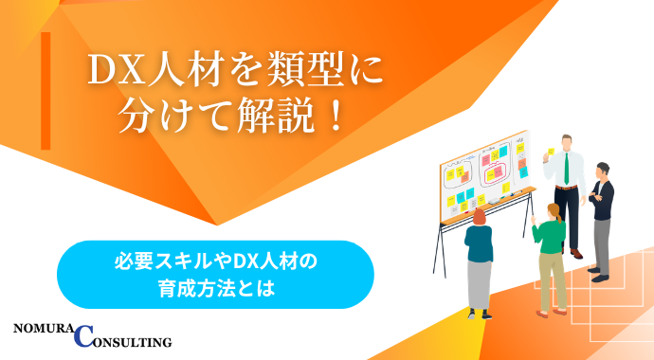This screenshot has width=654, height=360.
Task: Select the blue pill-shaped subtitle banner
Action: point(215,275)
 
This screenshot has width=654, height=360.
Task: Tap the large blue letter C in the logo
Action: point(83,334)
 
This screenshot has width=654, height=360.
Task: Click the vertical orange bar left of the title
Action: point(45,90)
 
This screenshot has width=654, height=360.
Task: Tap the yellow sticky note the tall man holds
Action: point(550,152)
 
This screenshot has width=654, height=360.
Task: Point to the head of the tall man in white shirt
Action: point(566,141)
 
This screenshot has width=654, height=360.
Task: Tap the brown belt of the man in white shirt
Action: point(567,187)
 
